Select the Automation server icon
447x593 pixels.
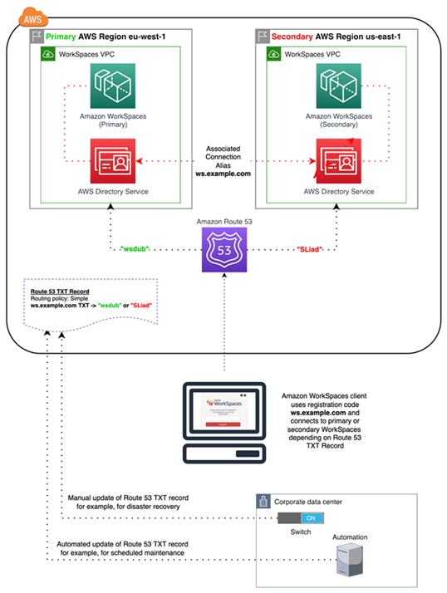(x=348, y=562)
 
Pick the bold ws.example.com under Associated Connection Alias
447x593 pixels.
(x=223, y=175)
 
